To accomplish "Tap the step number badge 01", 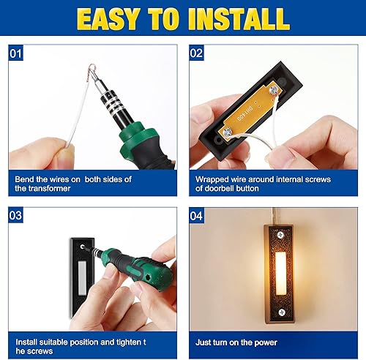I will tap(16, 53).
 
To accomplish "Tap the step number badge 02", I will tap(196, 53).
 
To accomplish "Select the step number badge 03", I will tap(16, 216).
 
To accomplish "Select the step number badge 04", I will tap(196, 216).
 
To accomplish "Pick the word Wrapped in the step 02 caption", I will tap(212, 179).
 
